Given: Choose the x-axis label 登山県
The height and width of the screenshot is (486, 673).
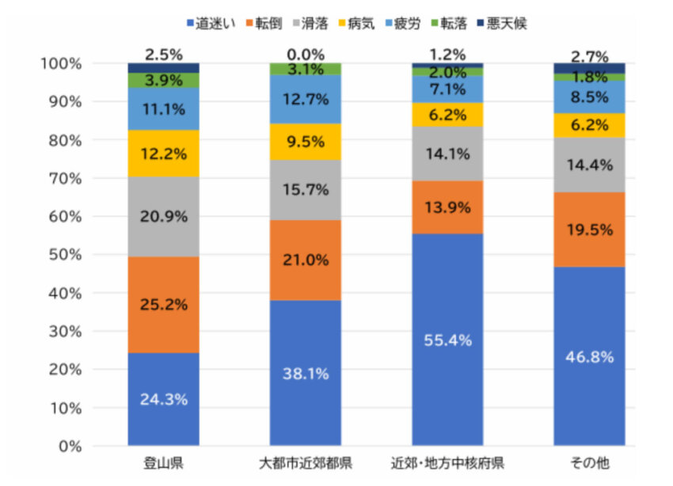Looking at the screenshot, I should tap(163, 463).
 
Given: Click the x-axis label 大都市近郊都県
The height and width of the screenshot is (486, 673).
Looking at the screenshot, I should tap(305, 463).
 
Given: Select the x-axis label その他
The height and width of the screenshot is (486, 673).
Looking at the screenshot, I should tap(589, 463).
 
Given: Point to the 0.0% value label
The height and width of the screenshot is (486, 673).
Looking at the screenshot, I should tap(306, 55).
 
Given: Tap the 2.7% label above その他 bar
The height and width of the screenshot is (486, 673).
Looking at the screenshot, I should tap(589, 56).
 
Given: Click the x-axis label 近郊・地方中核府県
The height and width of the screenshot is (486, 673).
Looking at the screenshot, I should tap(447, 463).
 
